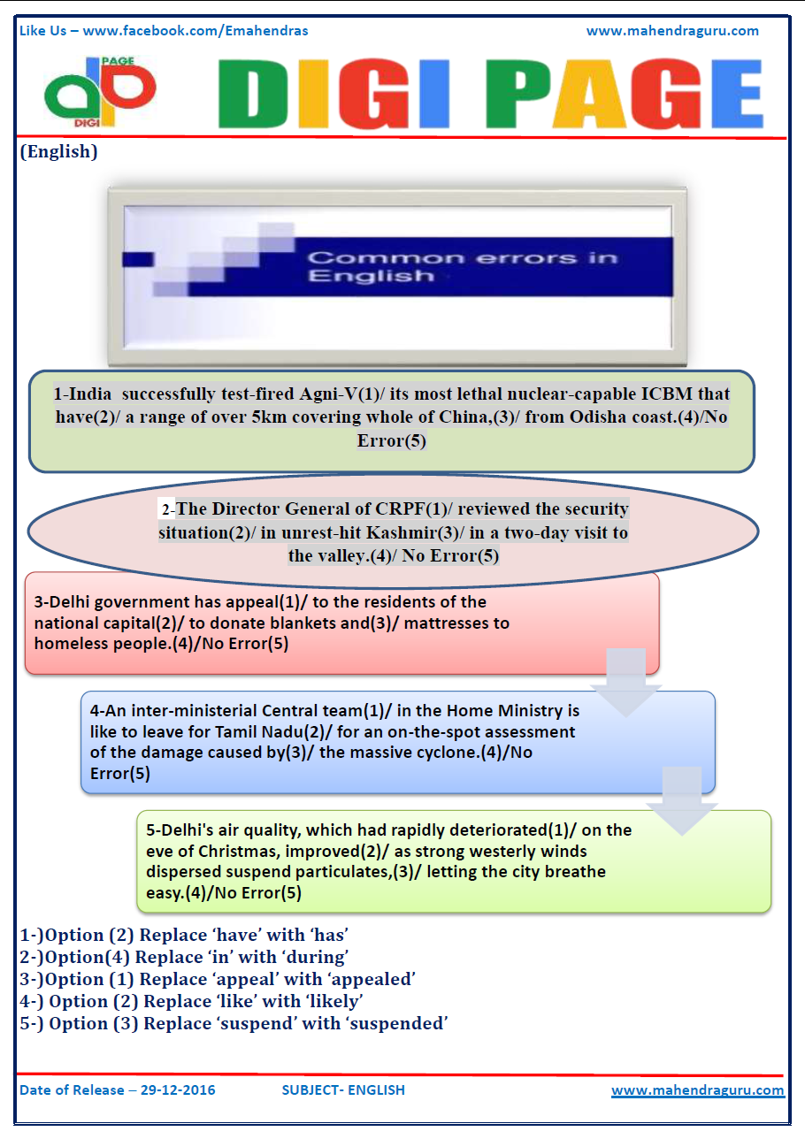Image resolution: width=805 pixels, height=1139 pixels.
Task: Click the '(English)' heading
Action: point(58,151)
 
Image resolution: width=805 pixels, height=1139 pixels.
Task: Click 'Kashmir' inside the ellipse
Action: point(426,533)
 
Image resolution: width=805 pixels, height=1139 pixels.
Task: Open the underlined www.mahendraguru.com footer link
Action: point(697,1090)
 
